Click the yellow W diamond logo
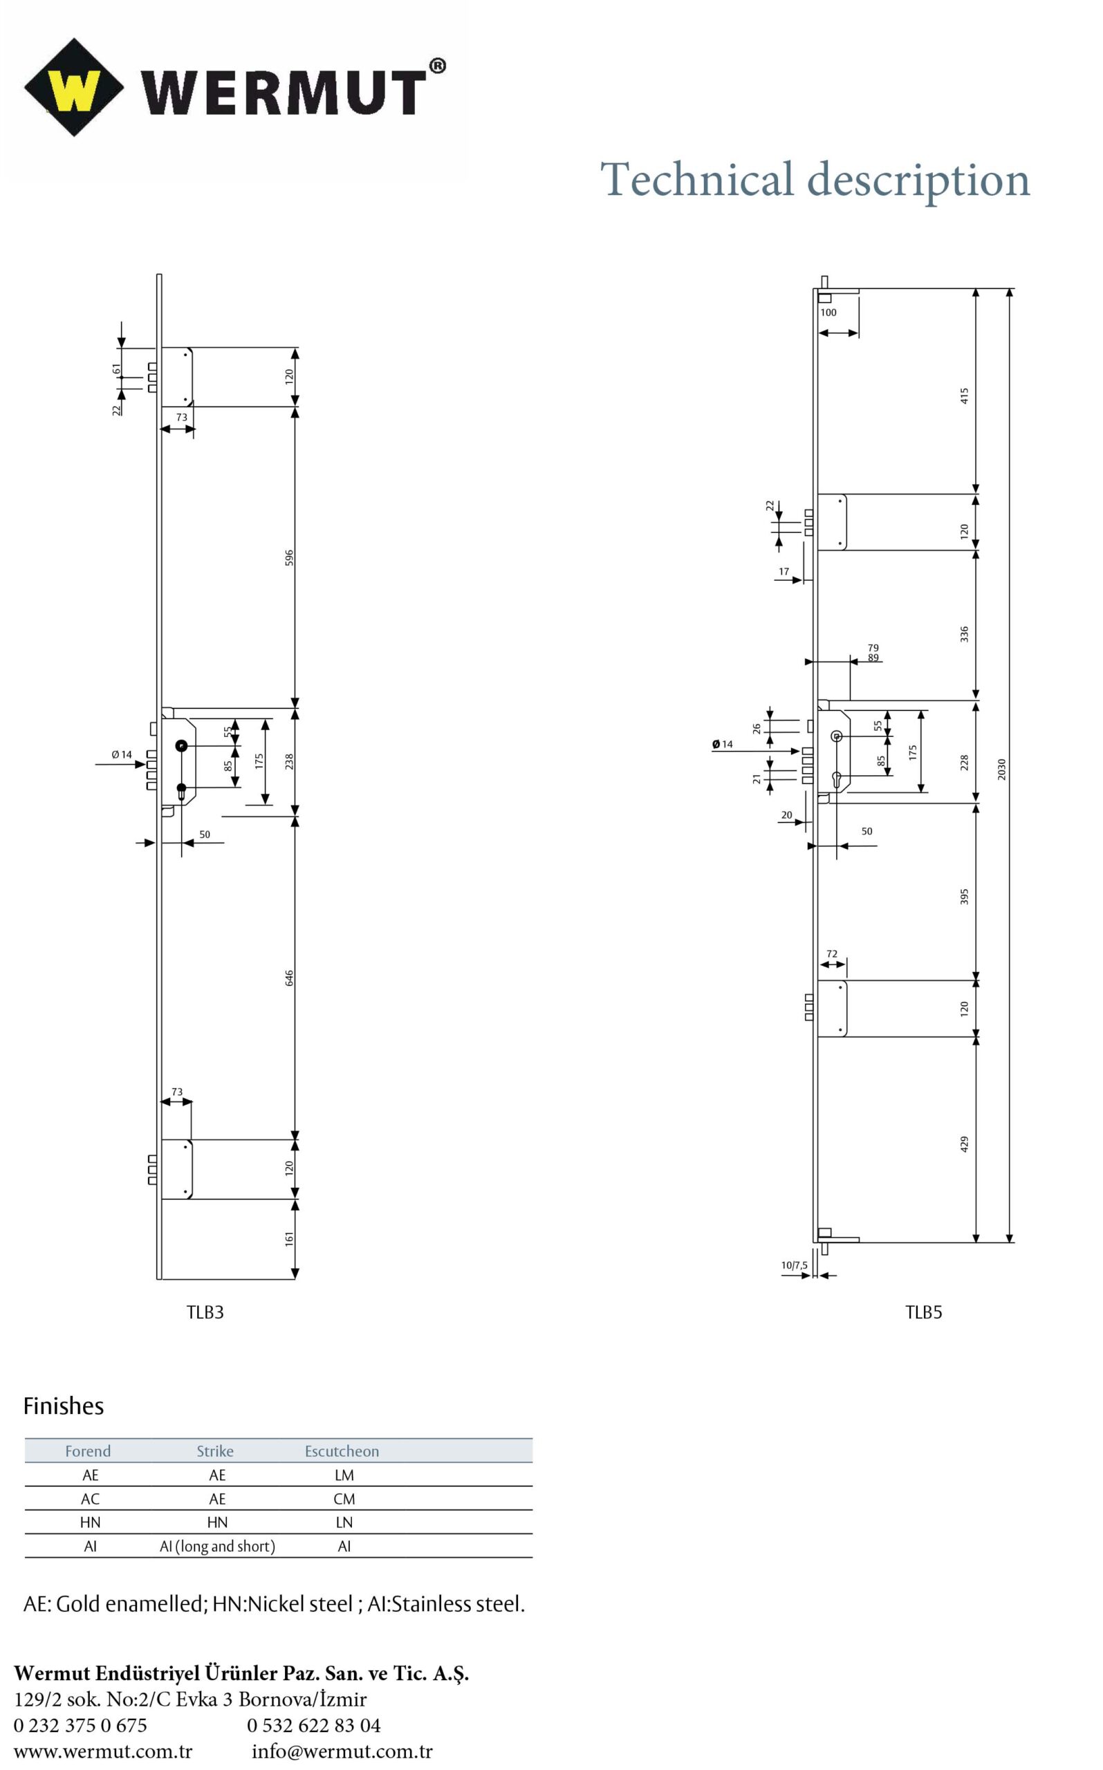(x=74, y=88)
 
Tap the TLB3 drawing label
(x=205, y=1312)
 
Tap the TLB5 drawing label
(x=923, y=1312)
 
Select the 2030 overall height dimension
(x=1001, y=769)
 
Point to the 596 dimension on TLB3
(x=289, y=557)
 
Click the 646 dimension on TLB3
(x=289, y=978)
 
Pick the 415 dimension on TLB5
(x=964, y=396)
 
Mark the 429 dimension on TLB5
(x=964, y=1144)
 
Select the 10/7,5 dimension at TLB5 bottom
(x=795, y=1265)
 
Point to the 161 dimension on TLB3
(x=289, y=1238)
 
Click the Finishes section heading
(x=64, y=1406)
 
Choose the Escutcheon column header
(x=342, y=1451)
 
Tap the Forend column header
(x=88, y=1451)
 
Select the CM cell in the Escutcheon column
(x=344, y=1499)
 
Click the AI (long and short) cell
(x=217, y=1546)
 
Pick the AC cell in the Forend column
(x=91, y=1499)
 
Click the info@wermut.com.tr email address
(x=342, y=1751)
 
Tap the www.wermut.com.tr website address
(x=103, y=1751)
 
